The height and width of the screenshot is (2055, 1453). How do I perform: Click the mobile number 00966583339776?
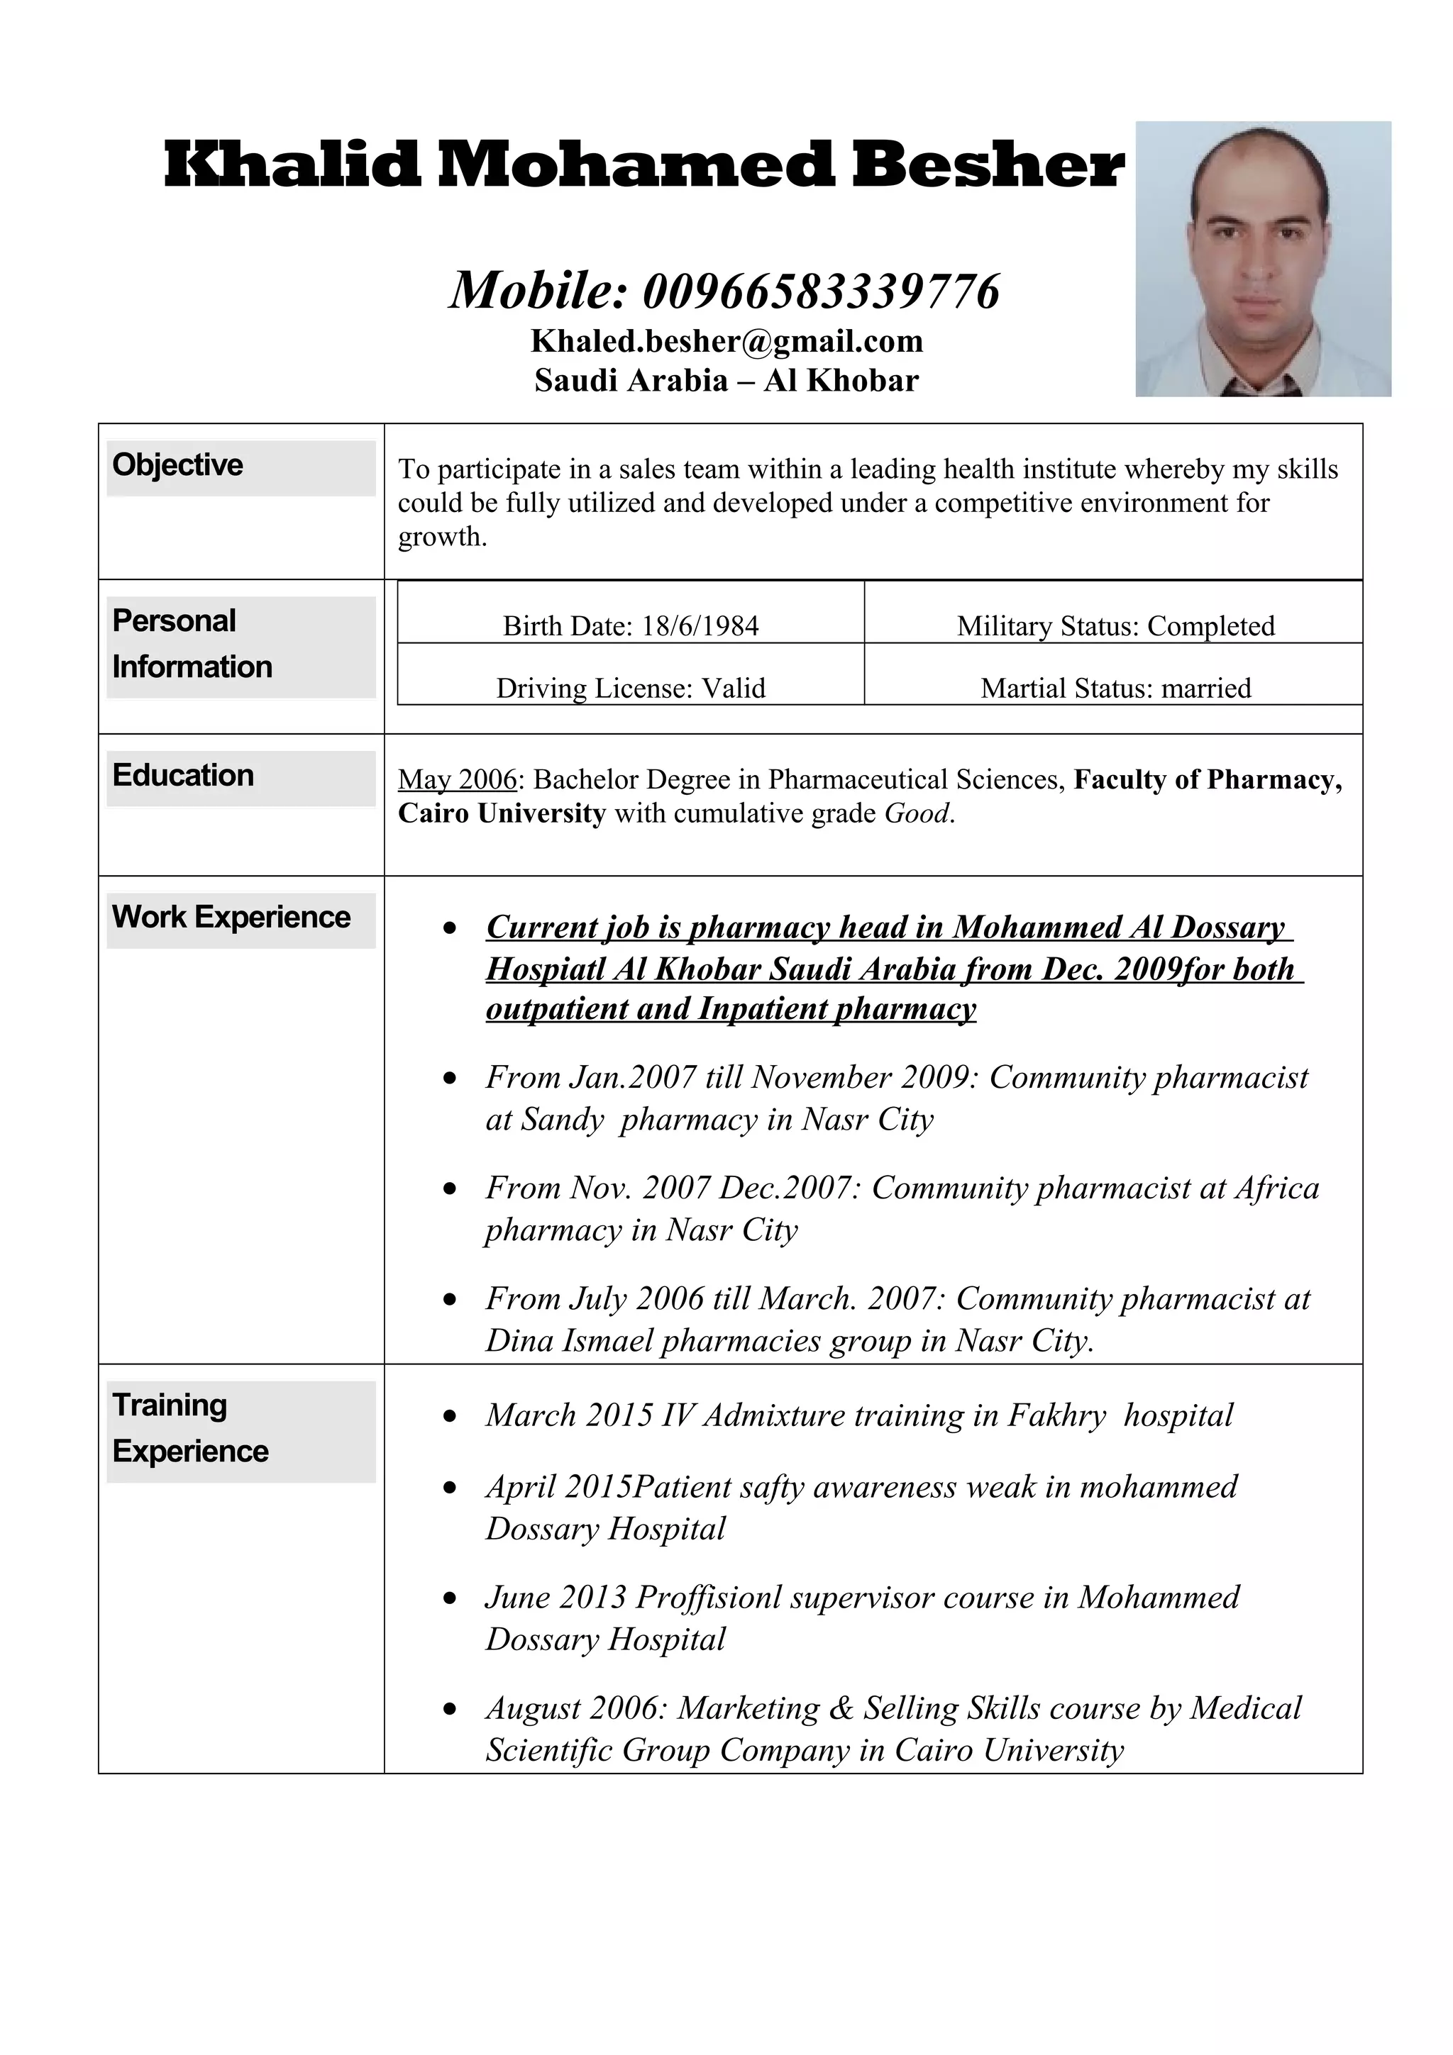point(820,291)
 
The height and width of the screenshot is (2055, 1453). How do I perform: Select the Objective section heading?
point(177,465)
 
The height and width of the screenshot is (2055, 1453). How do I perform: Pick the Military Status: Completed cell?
point(1115,625)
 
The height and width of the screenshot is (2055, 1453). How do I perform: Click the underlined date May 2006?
point(458,779)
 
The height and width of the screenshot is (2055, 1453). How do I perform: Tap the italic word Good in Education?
point(916,813)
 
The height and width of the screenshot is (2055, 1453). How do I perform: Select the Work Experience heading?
point(231,918)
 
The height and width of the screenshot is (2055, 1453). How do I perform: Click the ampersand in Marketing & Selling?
point(841,1708)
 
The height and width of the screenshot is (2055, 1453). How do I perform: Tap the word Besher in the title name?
point(987,166)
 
